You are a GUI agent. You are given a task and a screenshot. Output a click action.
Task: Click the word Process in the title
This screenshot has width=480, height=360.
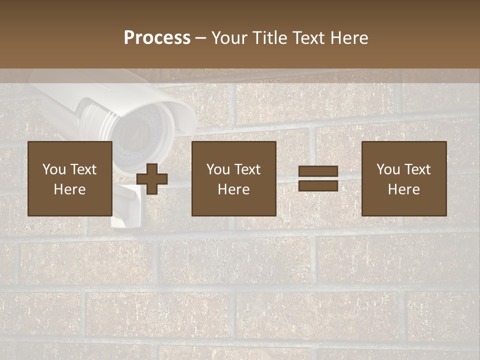(157, 38)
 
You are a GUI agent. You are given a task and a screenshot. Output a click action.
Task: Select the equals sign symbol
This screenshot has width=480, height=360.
(318, 178)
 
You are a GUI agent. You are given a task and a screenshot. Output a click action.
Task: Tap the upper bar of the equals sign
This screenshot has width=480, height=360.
(318, 171)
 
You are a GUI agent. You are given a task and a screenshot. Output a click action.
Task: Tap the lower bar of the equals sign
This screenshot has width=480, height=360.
(318, 185)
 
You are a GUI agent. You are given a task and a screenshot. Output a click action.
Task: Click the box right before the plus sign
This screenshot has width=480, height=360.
(69, 178)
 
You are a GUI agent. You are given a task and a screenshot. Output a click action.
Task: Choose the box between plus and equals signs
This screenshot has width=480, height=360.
(233, 178)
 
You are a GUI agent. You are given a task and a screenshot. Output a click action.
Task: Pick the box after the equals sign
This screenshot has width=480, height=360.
(403, 178)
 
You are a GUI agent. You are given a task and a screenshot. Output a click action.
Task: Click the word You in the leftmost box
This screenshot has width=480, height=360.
(54, 169)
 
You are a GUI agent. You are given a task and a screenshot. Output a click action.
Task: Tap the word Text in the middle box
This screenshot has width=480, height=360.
(247, 169)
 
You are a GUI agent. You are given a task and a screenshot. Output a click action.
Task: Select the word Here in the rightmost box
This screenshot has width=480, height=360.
(403, 189)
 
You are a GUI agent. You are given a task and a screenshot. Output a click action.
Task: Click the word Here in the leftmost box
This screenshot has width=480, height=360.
(69, 189)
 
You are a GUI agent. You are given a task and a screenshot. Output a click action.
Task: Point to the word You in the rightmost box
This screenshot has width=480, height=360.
(388, 169)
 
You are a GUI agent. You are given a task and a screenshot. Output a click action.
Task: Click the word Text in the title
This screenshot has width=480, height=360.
(307, 38)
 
